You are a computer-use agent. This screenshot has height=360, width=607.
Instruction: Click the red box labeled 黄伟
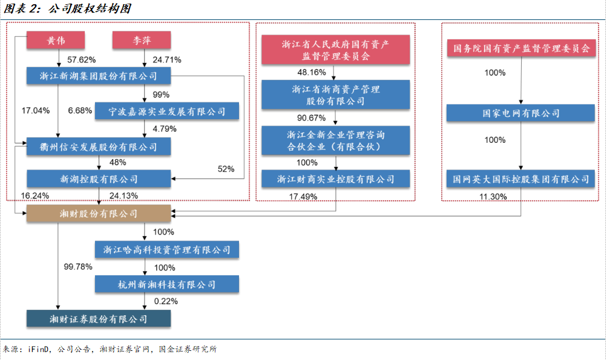(56, 41)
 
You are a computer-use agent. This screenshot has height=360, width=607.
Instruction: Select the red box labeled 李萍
(142, 41)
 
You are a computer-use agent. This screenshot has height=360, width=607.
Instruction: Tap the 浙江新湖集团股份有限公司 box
(99, 76)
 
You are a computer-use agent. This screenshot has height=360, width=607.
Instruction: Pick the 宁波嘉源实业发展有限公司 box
(167, 111)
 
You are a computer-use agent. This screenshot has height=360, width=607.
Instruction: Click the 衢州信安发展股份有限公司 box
(99, 146)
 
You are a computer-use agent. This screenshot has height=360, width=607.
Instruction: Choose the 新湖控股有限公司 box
(99, 179)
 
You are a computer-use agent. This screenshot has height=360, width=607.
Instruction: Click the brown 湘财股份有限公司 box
(99, 214)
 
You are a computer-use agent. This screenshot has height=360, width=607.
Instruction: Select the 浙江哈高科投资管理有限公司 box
(167, 250)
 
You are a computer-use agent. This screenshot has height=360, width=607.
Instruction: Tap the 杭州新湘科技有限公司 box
(167, 284)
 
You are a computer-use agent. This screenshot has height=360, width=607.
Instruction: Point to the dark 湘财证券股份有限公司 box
(99, 319)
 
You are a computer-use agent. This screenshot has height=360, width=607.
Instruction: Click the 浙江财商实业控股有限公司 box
(336, 179)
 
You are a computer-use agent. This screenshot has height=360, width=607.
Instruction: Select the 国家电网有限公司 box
(520, 113)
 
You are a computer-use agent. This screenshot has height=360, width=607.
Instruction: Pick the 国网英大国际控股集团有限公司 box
(520, 179)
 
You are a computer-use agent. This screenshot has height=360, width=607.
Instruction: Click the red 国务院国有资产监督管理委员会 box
(522, 48)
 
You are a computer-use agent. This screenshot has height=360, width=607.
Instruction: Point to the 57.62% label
(81, 60)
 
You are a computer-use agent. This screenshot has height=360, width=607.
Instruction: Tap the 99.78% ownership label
(78, 267)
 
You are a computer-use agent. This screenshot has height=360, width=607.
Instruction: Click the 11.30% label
(493, 197)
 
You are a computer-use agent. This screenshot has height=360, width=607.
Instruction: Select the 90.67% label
(311, 117)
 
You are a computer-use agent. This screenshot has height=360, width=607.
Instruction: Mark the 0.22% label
(166, 301)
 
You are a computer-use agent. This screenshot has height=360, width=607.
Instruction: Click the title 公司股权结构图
(90, 8)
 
